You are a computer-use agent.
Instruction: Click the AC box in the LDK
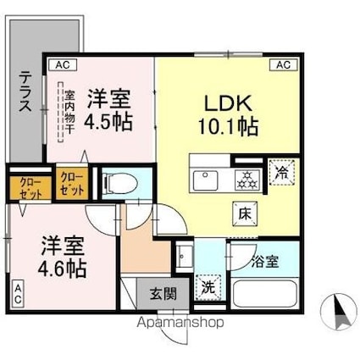tap(284, 65)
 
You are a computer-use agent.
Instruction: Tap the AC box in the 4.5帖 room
tap(63, 65)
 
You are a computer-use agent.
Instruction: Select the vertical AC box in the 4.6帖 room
tap(18, 294)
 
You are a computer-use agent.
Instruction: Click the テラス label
tap(25, 91)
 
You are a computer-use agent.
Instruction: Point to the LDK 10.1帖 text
tap(228, 115)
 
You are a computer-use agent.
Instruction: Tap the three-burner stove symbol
tap(247, 180)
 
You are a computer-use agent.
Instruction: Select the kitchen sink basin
tap(205, 180)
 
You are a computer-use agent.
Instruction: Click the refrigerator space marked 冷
tap(282, 172)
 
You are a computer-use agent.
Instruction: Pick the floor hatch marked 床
tap(245, 214)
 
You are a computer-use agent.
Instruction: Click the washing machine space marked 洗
tap(208, 288)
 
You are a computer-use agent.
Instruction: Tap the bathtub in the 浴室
tap(265, 293)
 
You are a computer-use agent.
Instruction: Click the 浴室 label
tap(265, 262)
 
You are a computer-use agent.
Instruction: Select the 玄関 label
tap(163, 294)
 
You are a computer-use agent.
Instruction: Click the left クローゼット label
tap(30, 187)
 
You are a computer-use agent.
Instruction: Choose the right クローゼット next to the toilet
tap(72, 184)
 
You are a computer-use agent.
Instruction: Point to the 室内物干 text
tap(69, 112)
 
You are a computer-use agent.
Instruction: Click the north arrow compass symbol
tap(338, 312)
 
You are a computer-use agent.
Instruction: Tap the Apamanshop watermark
tap(180, 322)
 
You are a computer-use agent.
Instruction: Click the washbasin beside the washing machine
tap(185, 256)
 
